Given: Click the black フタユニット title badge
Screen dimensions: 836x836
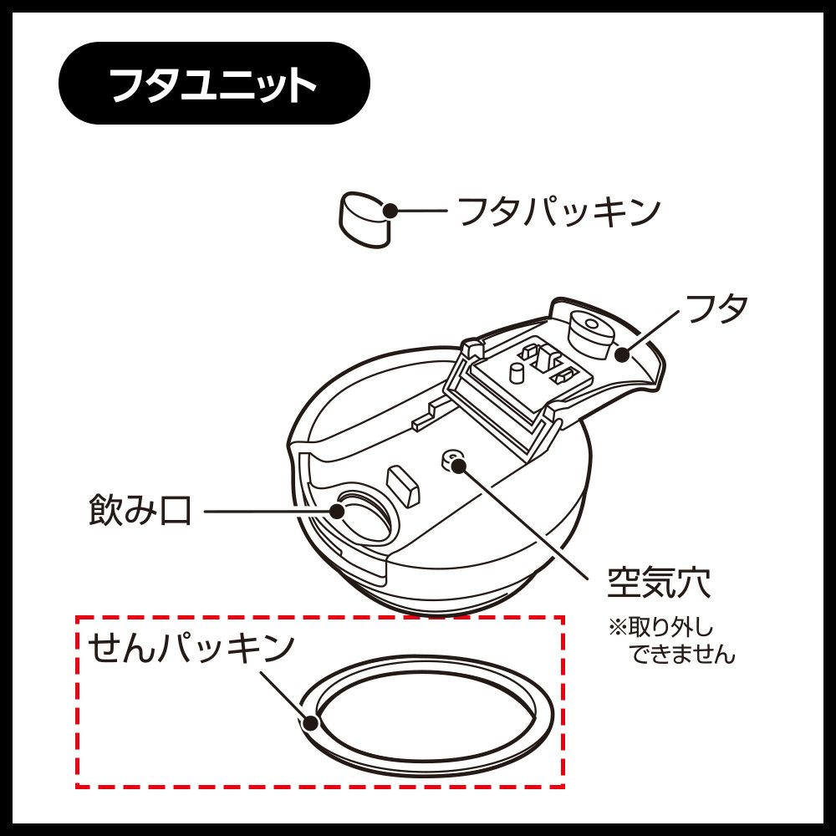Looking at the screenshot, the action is [x=214, y=84].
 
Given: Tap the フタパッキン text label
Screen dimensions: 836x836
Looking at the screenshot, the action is [x=559, y=212].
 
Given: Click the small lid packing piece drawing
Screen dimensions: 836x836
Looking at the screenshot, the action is [x=364, y=220].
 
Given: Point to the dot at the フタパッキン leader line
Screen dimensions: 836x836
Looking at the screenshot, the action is [x=390, y=211].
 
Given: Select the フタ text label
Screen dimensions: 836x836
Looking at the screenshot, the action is [x=716, y=308].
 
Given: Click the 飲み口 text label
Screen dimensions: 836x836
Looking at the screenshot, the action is [x=140, y=510].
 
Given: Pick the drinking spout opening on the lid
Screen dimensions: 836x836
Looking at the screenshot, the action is [x=362, y=515].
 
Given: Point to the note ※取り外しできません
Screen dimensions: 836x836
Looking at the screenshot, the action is [x=671, y=641].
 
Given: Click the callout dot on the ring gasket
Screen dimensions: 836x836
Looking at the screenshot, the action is [x=310, y=723].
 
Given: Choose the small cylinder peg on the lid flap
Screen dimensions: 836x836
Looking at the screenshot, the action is [x=517, y=373].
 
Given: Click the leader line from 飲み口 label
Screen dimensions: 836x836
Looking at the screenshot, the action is [x=270, y=511].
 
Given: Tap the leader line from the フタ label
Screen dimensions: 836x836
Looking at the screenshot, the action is [x=651, y=332].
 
